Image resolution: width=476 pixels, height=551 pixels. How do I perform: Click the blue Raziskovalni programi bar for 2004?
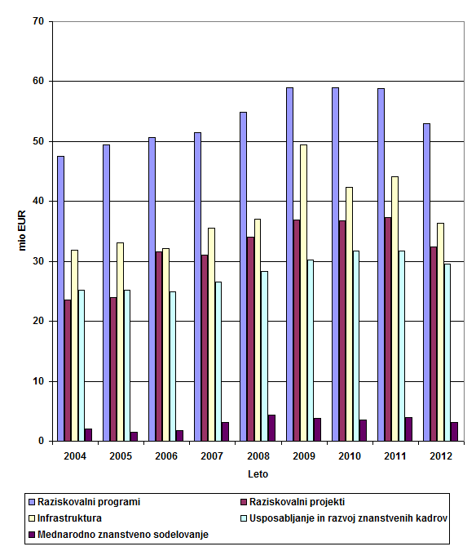[x=60, y=298]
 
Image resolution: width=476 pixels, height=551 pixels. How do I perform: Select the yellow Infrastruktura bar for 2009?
[x=303, y=293]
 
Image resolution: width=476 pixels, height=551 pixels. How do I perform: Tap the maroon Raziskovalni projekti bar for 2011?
[x=388, y=329]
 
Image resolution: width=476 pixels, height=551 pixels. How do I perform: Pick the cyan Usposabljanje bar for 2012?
[x=447, y=353]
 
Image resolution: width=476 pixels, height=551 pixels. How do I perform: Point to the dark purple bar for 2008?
[x=271, y=428]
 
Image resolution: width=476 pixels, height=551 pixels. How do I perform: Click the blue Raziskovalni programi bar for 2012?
[x=426, y=282]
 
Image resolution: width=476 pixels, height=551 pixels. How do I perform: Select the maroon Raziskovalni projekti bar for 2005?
[x=113, y=369]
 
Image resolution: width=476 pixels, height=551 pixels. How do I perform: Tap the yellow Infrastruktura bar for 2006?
[x=165, y=344]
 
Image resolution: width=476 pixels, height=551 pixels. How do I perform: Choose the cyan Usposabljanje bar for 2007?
[x=218, y=362]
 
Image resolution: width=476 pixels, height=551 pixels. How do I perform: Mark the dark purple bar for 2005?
[x=134, y=437]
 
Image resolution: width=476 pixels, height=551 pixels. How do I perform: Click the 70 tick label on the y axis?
[x=37, y=21]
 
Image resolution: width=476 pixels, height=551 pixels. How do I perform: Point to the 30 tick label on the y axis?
[x=37, y=261]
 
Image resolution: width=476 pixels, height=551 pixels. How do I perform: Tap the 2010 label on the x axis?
[x=350, y=456]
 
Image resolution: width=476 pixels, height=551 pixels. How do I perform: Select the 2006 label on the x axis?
[x=166, y=456]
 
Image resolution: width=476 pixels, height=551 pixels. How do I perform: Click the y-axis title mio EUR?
[x=22, y=230]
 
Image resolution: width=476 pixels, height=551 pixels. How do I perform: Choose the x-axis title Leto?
[x=258, y=474]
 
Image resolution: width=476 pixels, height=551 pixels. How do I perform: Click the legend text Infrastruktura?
[x=69, y=518]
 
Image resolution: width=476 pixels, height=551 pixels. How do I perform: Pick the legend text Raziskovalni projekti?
[x=297, y=502]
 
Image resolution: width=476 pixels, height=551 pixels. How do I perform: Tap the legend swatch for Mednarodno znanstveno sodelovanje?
[x=32, y=535]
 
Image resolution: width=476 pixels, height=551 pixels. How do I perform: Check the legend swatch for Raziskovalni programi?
[x=32, y=502]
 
